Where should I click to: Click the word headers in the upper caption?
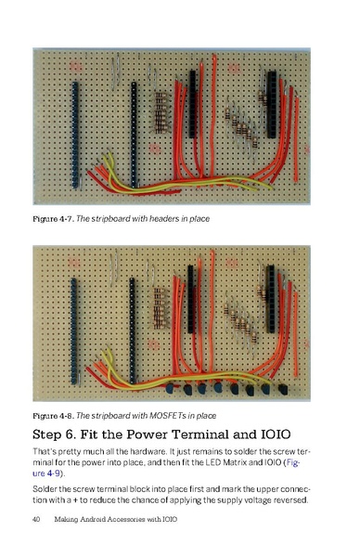pyautogui.click(x=157, y=218)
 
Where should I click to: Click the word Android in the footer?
pyautogui.click(x=99, y=530)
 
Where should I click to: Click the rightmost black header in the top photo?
pyautogui.click(x=271, y=102)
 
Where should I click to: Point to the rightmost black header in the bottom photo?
pyautogui.click(x=271, y=297)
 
